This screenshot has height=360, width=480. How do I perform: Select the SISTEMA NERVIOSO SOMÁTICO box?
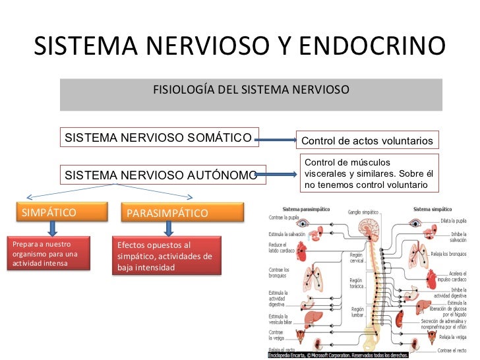[x=159, y=138]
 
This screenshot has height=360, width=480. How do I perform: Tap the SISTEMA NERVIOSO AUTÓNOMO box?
[x=162, y=175]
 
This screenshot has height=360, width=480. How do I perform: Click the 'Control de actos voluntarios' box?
[x=368, y=141]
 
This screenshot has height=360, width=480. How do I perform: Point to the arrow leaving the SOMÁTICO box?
[x=276, y=140]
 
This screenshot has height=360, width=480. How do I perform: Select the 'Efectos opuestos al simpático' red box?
[x=165, y=256]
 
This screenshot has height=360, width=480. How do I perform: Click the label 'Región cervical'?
[x=357, y=257]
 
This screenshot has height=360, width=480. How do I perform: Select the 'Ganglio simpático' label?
[x=363, y=212]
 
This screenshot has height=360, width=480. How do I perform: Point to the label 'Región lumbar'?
[x=357, y=312]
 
